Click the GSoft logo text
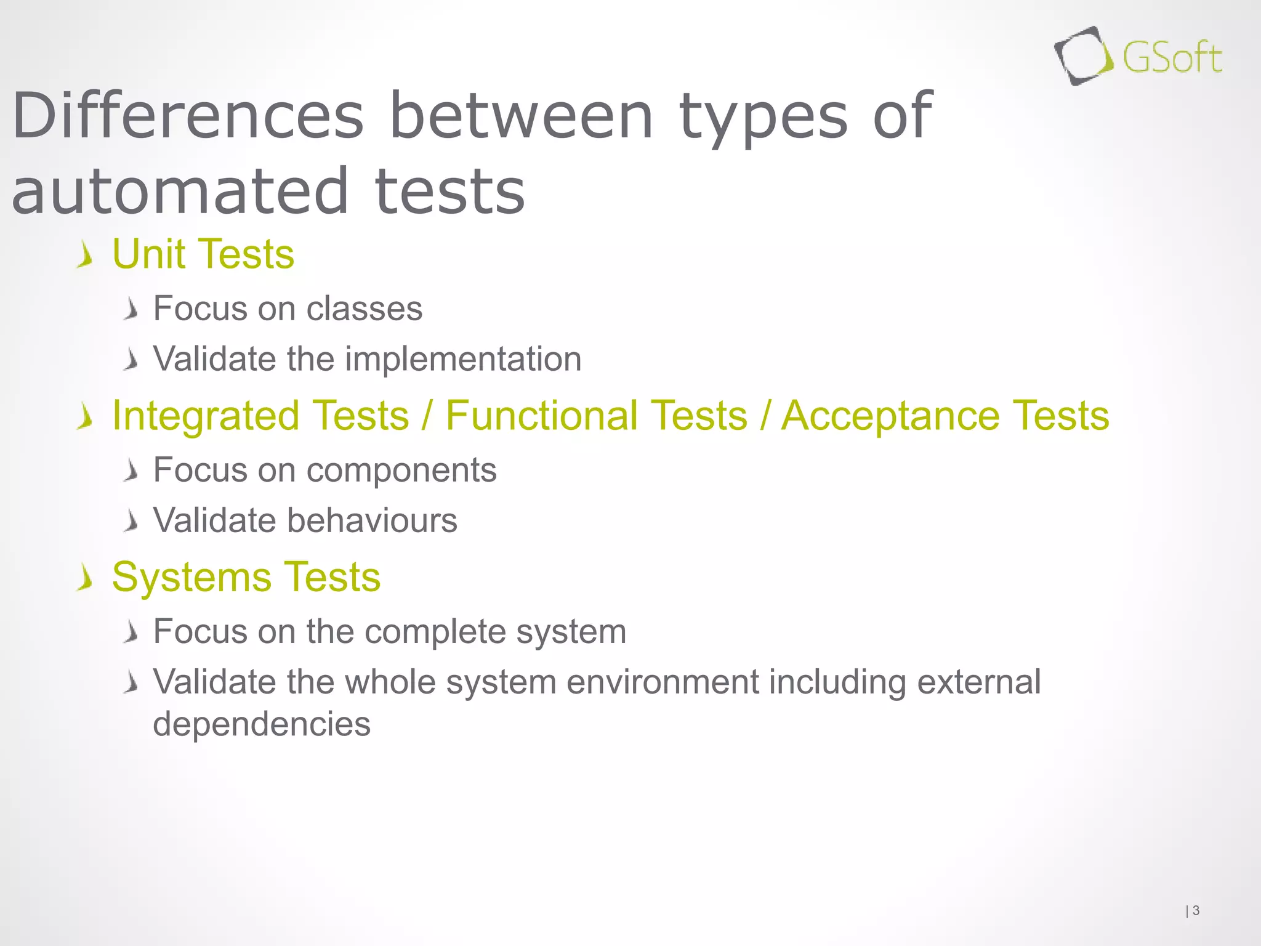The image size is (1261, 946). [1172, 59]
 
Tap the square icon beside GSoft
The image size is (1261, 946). [1082, 56]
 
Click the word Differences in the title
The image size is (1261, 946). [188, 115]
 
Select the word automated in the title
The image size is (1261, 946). [180, 192]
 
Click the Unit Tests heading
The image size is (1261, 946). [203, 254]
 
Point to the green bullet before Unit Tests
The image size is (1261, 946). [85, 256]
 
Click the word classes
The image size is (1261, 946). [364, 308]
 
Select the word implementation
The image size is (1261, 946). [463, 359]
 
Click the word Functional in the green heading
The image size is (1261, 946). [596, 416]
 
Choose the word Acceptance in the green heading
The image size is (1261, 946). [890, 416]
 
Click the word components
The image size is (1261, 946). [401, 470]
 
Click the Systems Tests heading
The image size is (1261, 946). [246, 577]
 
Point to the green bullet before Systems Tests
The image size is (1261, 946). [85, 579]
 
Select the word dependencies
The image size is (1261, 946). [262, 724]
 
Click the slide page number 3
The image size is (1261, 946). [1196, 910]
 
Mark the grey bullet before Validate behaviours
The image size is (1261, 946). [130, 522]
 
